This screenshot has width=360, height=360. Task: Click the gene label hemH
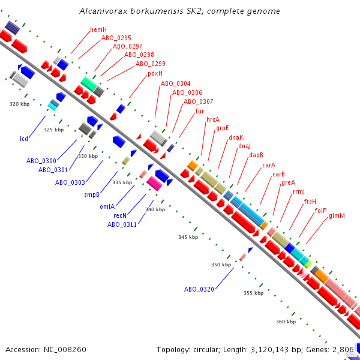pos(98,29)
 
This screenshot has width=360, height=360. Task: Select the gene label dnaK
pos(236,137)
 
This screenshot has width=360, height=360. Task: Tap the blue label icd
pos(24,139)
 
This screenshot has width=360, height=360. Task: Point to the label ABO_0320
pos(199,289)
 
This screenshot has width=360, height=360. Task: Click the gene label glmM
pos(337,215)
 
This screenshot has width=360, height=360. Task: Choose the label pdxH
pos(155,74)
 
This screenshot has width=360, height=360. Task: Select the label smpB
pos(92,194)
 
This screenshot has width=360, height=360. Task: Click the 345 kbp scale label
pos(187,238)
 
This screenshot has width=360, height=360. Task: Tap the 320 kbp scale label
pos(19,104)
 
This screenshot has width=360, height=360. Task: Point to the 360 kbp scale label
pos(286,322)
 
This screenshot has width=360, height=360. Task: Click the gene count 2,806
pos(343,349)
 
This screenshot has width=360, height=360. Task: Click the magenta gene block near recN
pos(154,184)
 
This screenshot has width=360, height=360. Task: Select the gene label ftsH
pos(310,202)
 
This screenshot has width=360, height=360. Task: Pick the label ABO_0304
pos(176,83)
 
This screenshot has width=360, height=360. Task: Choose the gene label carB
pos(278,174)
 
